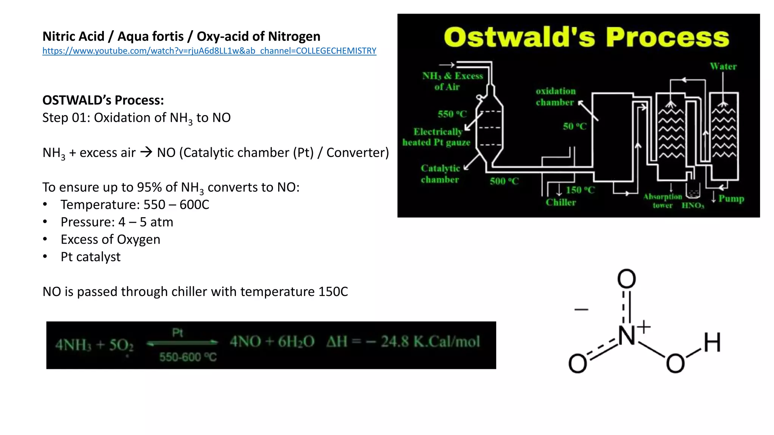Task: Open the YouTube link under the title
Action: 209,51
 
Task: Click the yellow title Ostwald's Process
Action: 586,37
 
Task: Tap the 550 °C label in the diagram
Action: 452,114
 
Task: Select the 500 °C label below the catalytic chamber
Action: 504,181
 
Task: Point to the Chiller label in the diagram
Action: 561,202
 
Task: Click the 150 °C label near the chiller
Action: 580,190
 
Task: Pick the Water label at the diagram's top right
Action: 723,66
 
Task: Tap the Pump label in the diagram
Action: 731,199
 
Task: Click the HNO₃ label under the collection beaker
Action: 693,205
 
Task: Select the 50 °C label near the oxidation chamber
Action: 574,126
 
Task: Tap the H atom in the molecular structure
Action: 712,342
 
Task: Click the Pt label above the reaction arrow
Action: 178,333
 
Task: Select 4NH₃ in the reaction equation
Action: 73,345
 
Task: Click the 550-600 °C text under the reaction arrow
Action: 188,357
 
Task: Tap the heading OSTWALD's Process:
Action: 103,100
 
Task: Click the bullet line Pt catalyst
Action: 91,257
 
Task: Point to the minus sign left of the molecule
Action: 581,310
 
